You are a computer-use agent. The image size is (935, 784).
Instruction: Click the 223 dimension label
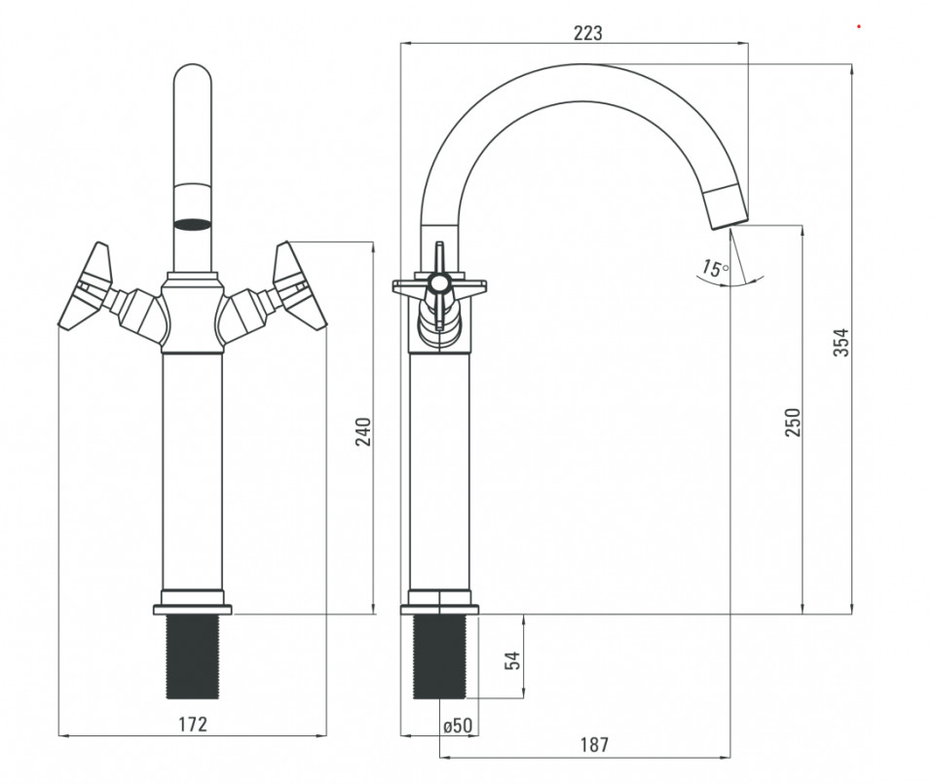click(x=588, y=33)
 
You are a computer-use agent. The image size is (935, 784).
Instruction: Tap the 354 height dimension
click(x=841, y=342)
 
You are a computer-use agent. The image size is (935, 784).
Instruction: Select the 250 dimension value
click(x=793, y=422)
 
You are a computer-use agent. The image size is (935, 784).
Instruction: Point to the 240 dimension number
click(x=363, y=431)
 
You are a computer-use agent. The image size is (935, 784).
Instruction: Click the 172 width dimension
click(x=193, y=724)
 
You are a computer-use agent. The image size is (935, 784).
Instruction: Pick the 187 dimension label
click(x=594, y=745)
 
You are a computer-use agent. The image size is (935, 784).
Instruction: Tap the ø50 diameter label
click(x=458, y=726)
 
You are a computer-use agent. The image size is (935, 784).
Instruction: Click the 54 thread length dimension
click(x=512, y=660)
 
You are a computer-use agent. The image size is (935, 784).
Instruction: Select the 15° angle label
click(x=714, y=268)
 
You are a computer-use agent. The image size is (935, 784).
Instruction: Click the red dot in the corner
click(x=859, y=26)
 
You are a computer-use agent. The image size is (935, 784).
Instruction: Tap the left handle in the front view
click(x=87, y=285)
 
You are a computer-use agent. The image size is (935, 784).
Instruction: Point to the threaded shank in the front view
click(x=192, y=656)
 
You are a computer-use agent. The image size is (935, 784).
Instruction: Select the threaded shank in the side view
click(x=439, y=656)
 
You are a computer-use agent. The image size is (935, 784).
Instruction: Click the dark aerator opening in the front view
click(x=192, y=224)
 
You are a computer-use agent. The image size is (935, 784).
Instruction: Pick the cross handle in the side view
click(x=439, y=286)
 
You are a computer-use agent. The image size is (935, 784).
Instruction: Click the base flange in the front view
click(x=192, y=610)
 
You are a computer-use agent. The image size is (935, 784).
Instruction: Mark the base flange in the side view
click(x=439, y=610)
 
